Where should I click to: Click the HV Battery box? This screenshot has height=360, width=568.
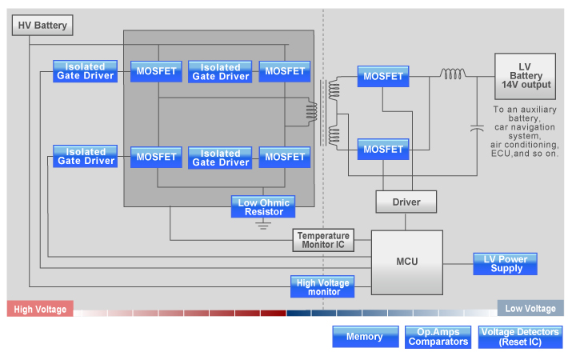pos(43,26)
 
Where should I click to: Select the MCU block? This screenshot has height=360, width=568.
pos(407,262)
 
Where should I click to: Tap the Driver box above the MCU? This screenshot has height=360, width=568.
pos(407,202)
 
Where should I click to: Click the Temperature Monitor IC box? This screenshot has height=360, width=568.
pos(323,240)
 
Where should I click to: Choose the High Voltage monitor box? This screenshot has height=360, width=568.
pos(323,286)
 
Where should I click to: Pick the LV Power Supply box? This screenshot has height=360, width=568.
pos(505,263)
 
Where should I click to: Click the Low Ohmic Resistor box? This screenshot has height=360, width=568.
pos(264,206)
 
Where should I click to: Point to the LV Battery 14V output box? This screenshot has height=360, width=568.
pos(526,75)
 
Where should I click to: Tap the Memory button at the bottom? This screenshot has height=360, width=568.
pos(364,337)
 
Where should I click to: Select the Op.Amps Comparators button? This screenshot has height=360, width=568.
pos(438,337)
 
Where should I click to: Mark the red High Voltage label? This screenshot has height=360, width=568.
pos(40,309)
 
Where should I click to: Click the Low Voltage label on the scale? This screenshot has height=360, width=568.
pos(530,309)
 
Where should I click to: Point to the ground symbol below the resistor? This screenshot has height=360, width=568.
pos(263,224)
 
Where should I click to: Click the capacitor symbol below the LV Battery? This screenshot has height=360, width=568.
pos(477,128)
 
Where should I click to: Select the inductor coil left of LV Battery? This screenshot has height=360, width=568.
pos(453,74)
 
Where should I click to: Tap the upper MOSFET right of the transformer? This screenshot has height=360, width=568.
pos(382,76)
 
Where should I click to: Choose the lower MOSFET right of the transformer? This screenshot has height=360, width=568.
pos(382,149)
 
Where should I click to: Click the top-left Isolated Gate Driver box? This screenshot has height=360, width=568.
pos(86,71)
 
